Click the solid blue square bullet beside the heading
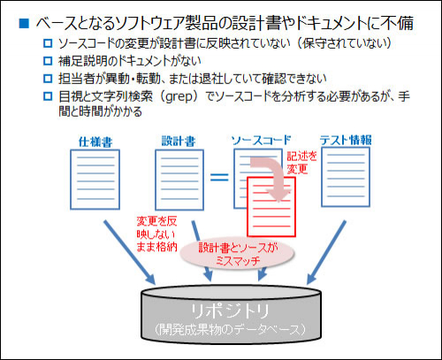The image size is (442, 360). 24,23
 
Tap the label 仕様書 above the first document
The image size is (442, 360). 95,142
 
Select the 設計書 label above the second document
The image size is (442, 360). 179,142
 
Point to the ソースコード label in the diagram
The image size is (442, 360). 261,141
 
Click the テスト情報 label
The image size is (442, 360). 346,140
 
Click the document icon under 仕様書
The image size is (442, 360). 95,180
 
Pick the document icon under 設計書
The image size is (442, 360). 179,180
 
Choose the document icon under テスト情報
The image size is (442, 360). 346,177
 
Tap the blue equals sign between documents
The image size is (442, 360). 219,177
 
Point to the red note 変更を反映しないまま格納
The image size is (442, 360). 156,234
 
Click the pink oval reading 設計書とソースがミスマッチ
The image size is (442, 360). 238,254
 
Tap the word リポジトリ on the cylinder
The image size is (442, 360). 231,311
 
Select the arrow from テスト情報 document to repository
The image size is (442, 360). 326,252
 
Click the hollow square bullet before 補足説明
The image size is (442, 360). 48,61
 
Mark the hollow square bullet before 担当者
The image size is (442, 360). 48,79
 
